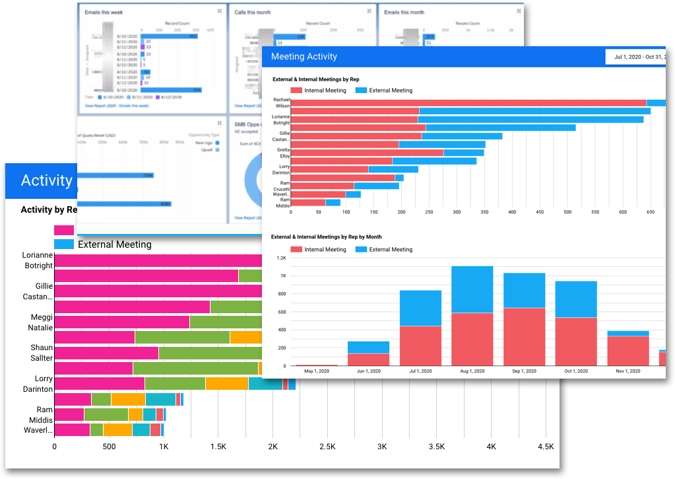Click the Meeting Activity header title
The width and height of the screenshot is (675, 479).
[x=304, y=57]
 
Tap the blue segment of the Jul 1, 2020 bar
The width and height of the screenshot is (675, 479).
[x=421, y=308]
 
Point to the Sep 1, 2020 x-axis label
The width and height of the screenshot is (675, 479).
[x=524, y=372]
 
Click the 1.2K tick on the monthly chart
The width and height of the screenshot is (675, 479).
[x=281, y=258]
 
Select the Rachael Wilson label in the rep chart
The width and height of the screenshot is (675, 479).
[x=282, y=102]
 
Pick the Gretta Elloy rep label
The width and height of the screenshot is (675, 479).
[x=284, y=153]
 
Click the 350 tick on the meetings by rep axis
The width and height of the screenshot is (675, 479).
[x=484, y=213]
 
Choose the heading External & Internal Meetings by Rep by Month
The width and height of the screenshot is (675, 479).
[x=327, y=237]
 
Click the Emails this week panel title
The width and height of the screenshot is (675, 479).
[x=104, y=12]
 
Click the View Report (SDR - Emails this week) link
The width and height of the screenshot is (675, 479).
[x=117, y=106]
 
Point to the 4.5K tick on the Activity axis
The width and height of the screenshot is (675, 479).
[x=545, y=447]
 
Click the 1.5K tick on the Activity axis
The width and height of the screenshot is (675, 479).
[x=218, y=447]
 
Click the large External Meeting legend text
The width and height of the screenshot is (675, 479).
[x=115, y=244]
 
